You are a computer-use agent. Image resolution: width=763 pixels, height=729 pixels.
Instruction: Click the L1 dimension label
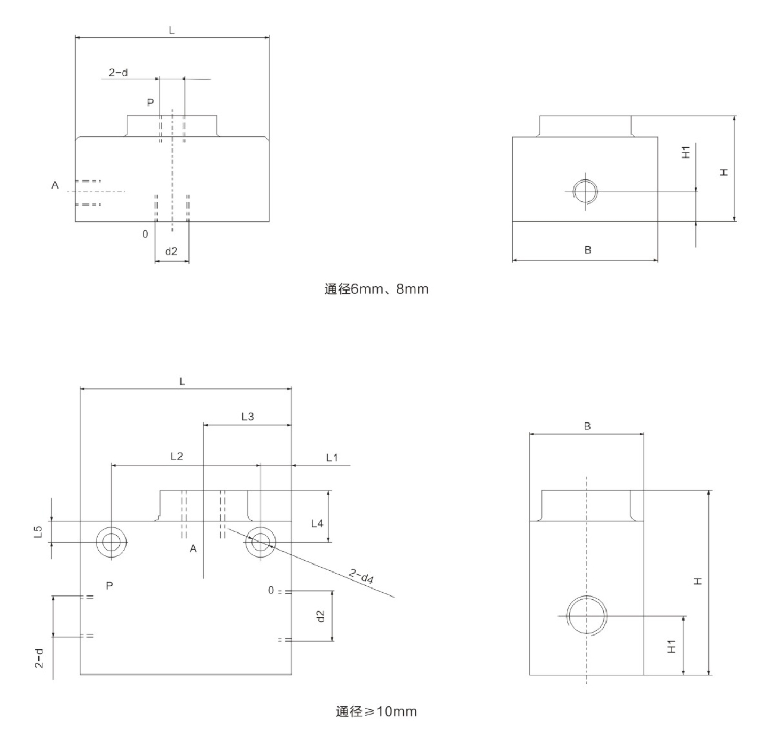tap(332, 458)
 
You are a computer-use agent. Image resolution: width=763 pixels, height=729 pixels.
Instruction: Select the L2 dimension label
tap(176, 456)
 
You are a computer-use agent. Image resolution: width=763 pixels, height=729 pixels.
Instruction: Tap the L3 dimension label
tap(247, 417)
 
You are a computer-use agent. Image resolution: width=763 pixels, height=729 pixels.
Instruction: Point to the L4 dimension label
tap(317, 523)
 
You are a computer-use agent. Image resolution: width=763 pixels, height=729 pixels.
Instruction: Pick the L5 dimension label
tap(38, 531)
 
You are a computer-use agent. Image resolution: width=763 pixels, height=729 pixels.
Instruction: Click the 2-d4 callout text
tap(361, 576)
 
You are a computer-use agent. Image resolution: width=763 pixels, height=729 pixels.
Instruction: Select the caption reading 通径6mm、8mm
tap(376, 289)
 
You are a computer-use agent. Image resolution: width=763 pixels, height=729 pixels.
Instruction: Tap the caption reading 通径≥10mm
tap(376, 711)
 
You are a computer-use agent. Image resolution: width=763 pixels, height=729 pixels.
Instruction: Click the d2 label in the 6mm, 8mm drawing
tap(171, 251)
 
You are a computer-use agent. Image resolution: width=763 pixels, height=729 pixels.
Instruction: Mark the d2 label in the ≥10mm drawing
tap(320, 616)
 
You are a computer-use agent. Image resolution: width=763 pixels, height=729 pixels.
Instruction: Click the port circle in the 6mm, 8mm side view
tap(585, 191)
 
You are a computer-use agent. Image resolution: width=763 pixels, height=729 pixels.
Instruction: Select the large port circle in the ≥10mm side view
tap(587, 616)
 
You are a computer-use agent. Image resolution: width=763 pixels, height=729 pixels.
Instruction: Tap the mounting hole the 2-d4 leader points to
tap(260, 542)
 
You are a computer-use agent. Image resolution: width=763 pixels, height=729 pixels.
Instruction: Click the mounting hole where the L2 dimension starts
tap(112, 542)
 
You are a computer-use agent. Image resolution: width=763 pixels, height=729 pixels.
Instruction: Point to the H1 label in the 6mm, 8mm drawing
tap(686, 152)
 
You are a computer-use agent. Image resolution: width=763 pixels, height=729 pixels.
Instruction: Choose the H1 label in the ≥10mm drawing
tap(672, 646)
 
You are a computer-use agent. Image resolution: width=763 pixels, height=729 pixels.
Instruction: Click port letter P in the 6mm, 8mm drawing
tap(151, 103)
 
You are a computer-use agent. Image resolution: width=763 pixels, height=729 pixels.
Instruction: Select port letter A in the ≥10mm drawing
tap(193, 548)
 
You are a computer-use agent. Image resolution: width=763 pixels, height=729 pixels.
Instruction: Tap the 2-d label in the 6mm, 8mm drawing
tap(119, 73)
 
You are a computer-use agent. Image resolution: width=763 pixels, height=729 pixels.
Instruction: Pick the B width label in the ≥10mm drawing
tap(587, 426)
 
